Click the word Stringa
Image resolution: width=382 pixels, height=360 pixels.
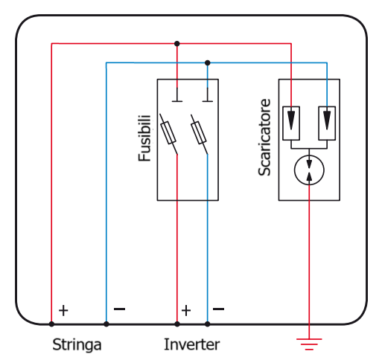pos(77,345)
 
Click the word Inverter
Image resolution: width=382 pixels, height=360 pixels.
pos(192,344)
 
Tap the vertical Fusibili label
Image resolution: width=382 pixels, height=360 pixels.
pos(144,138)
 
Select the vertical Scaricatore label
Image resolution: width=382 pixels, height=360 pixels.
pos(264,138)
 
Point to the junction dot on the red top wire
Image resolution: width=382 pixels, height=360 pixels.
pos(177,44)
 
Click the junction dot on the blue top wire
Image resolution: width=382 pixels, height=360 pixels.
pos(208,62)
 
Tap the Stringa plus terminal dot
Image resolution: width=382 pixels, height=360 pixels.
pos(51,324)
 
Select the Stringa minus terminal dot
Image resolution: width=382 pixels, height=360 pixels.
pos(106,324)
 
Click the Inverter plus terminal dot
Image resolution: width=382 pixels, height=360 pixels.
pos(177,324)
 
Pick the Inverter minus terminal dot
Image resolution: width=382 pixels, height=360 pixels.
pos(208,324)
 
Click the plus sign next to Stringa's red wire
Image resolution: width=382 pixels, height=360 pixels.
pos(63,310)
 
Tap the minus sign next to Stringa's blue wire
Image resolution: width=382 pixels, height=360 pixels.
pos(119,309)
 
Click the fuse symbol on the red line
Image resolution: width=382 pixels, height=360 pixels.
pos(168,132)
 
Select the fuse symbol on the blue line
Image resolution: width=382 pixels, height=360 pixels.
pos(199,132)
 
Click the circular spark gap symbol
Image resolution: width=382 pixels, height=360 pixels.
pos(309,170)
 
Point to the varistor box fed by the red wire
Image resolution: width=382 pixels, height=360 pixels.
pos(291,123)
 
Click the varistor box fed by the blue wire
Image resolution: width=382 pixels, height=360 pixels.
pos(327,123)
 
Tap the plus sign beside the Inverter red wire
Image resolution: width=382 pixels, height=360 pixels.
pos(186,310)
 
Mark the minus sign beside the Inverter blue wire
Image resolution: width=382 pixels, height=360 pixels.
pos(219,309)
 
